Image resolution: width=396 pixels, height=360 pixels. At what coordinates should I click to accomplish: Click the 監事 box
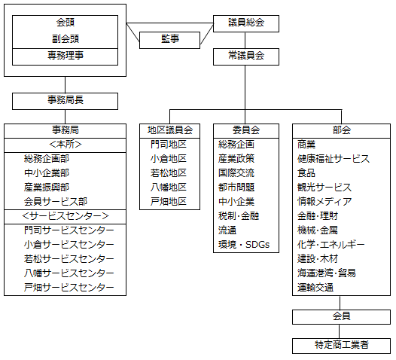170,39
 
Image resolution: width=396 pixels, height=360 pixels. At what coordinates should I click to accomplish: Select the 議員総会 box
246,23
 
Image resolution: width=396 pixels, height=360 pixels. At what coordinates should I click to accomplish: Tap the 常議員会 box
246,56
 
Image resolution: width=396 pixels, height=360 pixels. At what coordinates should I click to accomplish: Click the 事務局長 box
65,100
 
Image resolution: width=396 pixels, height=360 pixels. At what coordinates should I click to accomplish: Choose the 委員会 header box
245,130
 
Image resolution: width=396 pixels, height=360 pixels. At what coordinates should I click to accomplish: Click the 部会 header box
341,130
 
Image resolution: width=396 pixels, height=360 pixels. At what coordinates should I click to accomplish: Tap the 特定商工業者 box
341,346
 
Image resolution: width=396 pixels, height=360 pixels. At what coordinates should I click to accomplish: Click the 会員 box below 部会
341,316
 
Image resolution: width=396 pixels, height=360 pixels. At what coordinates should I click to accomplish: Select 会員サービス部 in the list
56,202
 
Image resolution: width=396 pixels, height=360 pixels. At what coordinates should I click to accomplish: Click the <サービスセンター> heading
65,216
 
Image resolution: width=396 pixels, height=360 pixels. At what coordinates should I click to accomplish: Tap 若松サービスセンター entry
69,259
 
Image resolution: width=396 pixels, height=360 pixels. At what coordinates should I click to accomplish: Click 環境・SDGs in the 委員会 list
244,245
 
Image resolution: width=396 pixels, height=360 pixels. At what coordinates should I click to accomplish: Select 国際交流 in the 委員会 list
236,173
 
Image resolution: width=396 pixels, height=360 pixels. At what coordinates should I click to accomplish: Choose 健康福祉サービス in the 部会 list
334,159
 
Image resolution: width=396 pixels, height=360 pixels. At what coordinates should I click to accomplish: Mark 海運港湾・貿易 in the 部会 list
327,273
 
